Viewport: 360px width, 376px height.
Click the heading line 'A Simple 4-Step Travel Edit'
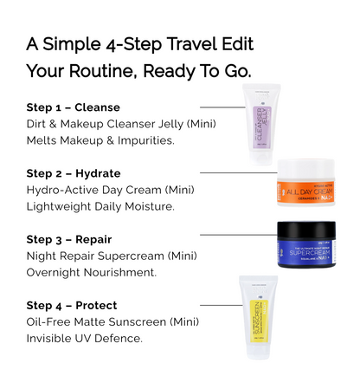pos(139,43)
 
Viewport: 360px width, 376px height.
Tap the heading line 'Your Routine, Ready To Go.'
pos(138,71)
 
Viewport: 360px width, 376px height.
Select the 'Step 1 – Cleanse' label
pos(67,107)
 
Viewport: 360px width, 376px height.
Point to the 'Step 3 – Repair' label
pos(65,239)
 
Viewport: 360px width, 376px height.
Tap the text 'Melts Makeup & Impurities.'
pos(100,140)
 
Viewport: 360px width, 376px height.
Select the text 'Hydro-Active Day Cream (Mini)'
pos(110,190)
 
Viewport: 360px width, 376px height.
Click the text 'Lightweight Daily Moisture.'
pos(100,206)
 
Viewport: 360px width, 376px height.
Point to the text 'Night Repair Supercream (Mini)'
pos(110,256)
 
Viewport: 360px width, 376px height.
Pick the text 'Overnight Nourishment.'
pos(91,272)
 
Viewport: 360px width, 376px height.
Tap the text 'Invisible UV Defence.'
pos(85,338)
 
